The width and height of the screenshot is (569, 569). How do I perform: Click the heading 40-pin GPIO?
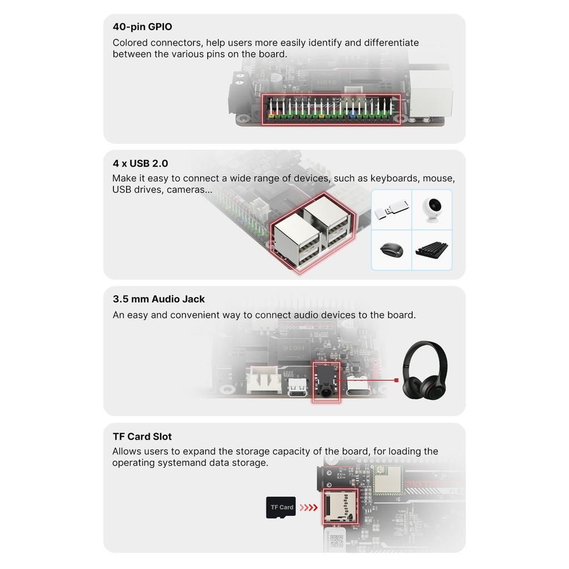pyautogui.click(x=142, y=27)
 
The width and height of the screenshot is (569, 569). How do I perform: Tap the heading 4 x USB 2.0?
pyautogui.click(x=140, y=163)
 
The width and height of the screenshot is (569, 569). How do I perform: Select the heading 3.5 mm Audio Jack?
pyautogui.click(x=158, y=299)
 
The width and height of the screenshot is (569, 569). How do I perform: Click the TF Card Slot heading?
pyautogui.click(x=142, y=436)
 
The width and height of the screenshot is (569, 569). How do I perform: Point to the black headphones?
pyautogui.click(x=425, y=370)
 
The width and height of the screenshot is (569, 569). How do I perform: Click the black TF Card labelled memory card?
pyautogui.click(x=281, y=507)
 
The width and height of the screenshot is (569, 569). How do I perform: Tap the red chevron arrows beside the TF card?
pyautogui.click(x=308, y=507)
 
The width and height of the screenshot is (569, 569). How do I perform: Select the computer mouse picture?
pyautogui.click(x=392, y=249)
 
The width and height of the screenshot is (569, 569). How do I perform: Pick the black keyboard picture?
pyautogui.click(x=432, y=249)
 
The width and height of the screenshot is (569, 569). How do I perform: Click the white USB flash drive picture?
pyautogui.click(x=391, y=209)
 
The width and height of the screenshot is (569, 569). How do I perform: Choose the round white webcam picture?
pyautogui.click(x=432, y=209)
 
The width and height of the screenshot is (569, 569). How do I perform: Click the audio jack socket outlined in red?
pyautogui.click(x=326, y=382)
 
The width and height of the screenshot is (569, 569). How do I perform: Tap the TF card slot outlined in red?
pyautogui.click(x=341, y=506)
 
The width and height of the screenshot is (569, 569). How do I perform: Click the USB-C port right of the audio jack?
pyautogui.click(x=357, y=385)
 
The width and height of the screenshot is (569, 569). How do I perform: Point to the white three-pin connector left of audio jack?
pyautogui.click(x=264, y=380)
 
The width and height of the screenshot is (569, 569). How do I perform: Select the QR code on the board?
pyautogui.click(x=336, y=541)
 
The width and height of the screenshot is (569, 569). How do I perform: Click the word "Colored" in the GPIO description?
pyautogui.click(x=130, y=43)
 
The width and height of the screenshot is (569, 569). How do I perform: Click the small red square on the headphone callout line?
pyautogui.click(x=396, y=380)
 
